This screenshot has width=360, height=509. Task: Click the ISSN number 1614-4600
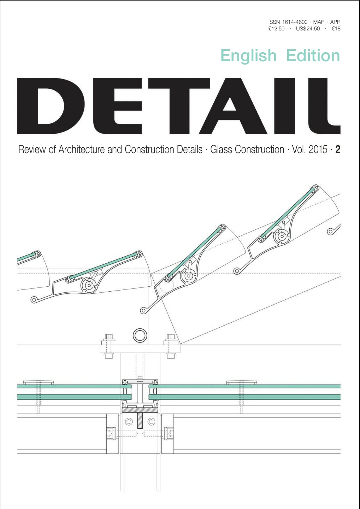click(x=295, y=22)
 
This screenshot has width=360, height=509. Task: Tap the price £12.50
click(x=276, y=29)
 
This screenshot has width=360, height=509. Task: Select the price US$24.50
click(x=308, y=29)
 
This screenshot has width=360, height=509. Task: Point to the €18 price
click(x=336, y=29)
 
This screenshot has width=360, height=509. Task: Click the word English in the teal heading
click(x=248, y=56)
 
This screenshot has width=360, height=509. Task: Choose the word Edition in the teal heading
click(x=313, y=55)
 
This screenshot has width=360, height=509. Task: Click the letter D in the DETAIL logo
click(x=51, y=106)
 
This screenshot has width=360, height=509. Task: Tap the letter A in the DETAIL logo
click(x=233, y=106)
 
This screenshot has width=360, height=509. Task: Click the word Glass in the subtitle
click(x=221, y=150)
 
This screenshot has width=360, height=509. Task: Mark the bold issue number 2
click(x=338, y=150)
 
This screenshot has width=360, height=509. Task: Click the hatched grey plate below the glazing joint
click(x=140, y=410)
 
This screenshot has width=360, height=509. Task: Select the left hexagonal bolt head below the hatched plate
click(x=129, y=422)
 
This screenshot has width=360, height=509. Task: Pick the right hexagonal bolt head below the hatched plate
click(x=151, y=422)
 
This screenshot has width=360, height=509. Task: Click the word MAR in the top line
click(x=319, y=22)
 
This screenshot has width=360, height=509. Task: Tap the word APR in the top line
click(x=335, y=22)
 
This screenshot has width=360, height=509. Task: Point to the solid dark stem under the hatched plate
click(x=140, y=421)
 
